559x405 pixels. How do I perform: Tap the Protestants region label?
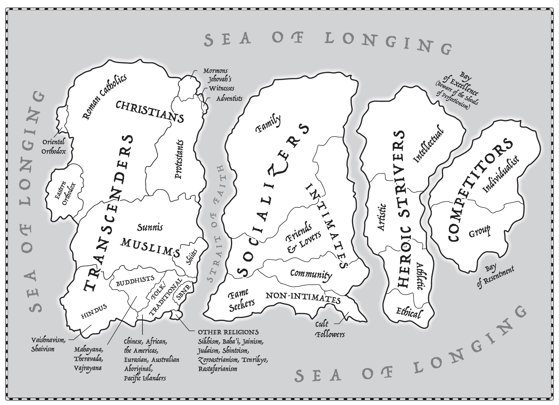(179, 159)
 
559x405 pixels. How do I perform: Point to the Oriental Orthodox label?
(54, 146)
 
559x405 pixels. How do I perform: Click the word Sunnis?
(150, 227)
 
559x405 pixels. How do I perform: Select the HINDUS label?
(94, 311)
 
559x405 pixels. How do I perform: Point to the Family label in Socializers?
(268, 124)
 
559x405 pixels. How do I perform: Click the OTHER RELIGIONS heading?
(228, 332)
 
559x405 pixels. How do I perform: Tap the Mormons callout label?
(215, 71)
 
